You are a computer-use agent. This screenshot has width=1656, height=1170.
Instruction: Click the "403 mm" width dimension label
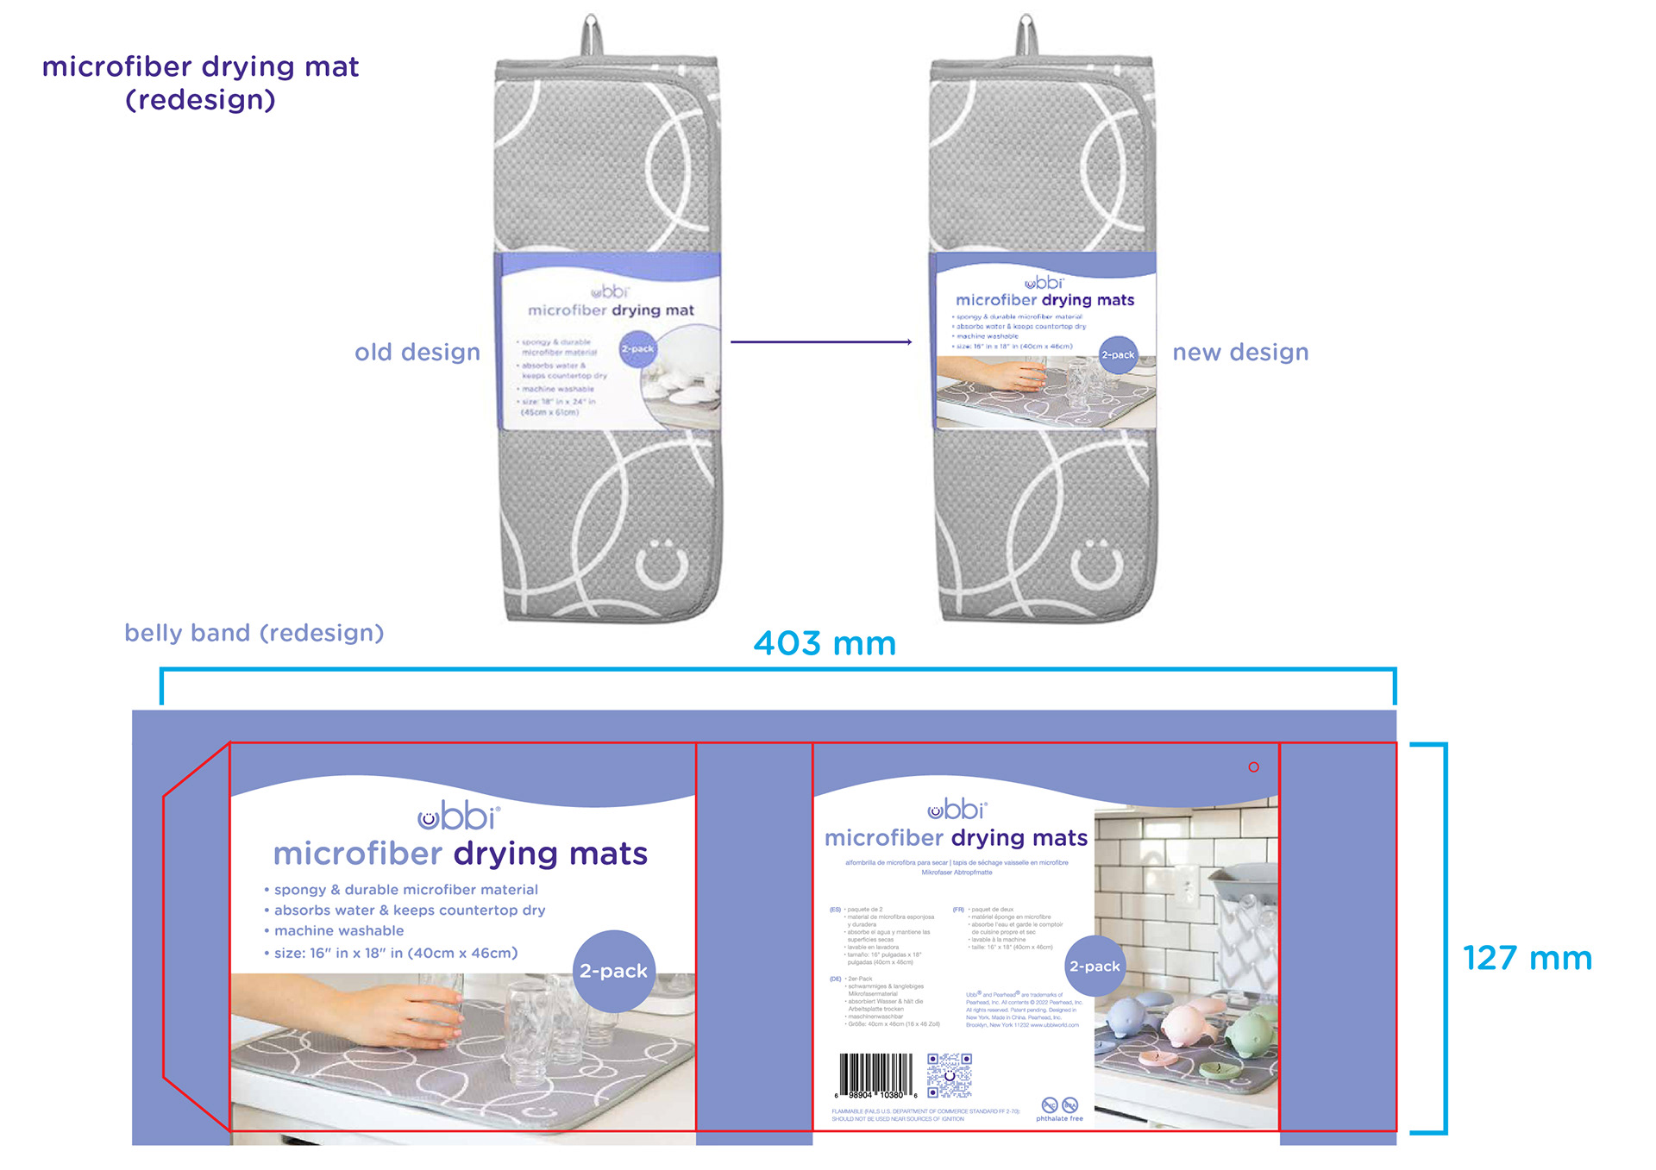[x=825, y=644]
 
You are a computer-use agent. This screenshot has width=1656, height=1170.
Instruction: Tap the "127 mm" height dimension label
[x=1527, y=958]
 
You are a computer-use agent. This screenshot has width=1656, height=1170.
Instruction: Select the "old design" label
[x=417, y=352]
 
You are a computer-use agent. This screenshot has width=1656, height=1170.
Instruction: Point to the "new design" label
[x=1240, y=352]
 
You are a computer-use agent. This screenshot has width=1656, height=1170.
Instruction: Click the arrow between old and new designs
[x=821, y=342]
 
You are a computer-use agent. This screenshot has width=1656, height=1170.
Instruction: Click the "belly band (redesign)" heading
[x=254, y=633]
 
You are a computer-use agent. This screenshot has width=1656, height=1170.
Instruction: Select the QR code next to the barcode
[x=950, y=1075]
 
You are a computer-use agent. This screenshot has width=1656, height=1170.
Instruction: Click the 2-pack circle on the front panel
[x=614, y=971]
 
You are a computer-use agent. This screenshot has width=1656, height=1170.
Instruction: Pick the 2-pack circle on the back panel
[x=1095, y=967]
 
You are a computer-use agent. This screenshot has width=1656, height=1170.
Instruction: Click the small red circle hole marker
[x=1253, y=766]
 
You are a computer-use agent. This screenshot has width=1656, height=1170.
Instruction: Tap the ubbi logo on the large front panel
[x=459, y=816]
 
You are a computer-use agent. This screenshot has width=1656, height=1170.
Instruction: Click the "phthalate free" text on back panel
[x=1059, y=1118]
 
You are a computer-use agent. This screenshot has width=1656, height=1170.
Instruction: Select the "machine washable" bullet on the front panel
[x=338, y=931]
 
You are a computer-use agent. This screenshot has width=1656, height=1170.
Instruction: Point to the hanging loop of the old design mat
[x=591, y=34]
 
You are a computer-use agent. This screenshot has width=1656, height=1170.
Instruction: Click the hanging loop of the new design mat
[x=1026, y=34]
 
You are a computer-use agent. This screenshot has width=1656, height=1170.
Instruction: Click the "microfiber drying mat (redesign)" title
[x=201, y=83]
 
